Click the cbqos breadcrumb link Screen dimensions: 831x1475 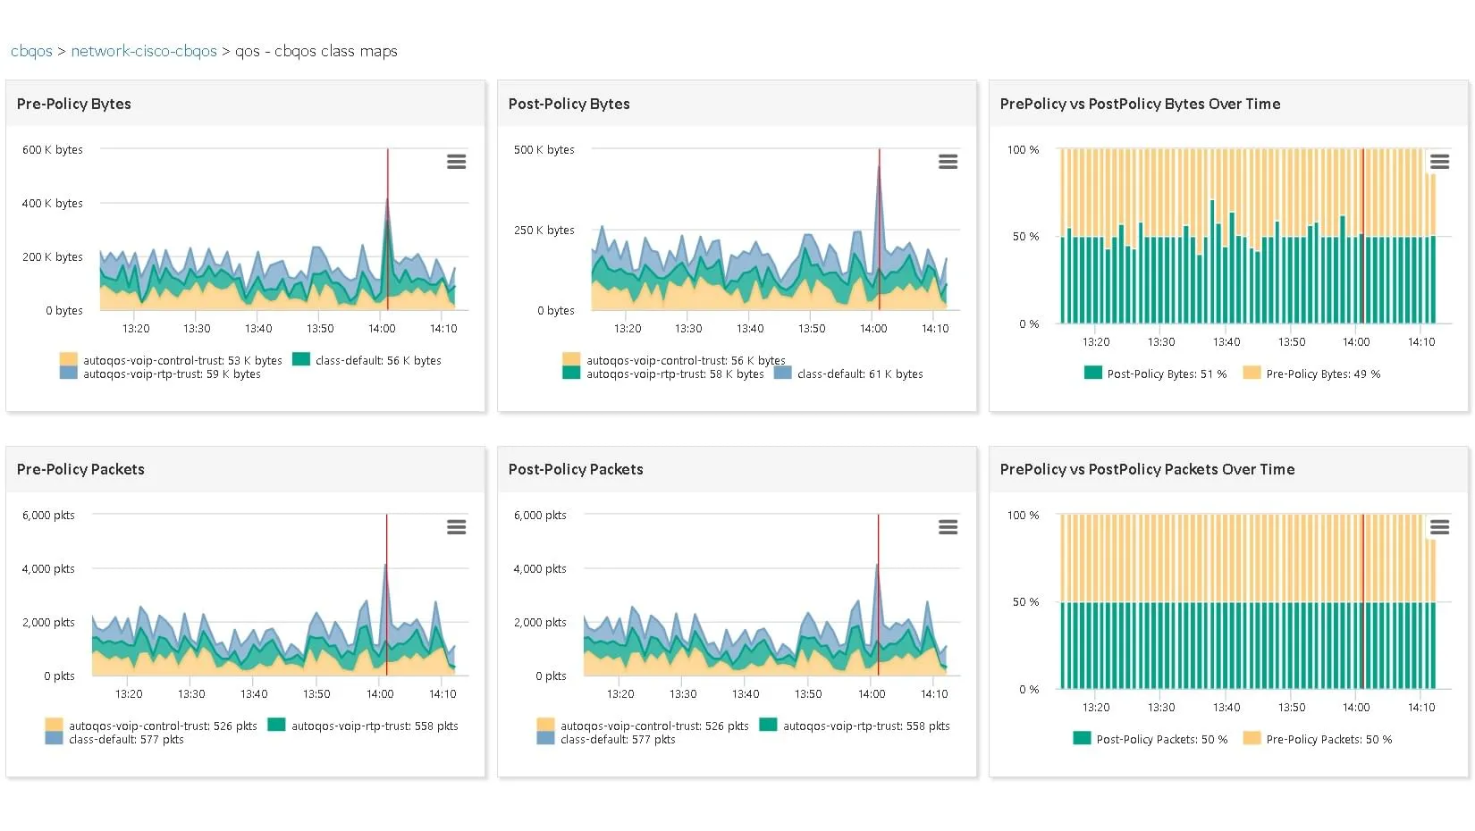click(x=31, y=51)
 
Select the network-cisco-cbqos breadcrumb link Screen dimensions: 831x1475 click(x=144, y=51)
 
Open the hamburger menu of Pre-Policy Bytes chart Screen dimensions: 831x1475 click(x=456, y=162)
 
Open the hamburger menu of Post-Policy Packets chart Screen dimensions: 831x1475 click(x=948, y=527)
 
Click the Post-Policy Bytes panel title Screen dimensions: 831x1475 click(x=569, y=104)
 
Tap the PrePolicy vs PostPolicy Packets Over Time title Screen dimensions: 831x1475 click(x=1147, y=469)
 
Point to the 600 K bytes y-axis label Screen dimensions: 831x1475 click(x=52, y=149)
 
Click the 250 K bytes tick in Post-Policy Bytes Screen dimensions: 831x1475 click(x=544, y=230)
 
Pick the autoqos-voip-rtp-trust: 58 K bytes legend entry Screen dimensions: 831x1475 click(x=674, y=374)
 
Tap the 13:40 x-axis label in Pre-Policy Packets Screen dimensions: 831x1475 click(x=254, y=693)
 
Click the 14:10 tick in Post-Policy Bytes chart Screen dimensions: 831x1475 click(x=935, y=328)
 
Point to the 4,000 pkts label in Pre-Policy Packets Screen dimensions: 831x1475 click(x=48, y=568)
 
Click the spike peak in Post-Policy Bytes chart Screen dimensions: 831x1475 click(x=879, y=167)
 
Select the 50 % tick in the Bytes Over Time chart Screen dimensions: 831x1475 click(x=1025, y=236)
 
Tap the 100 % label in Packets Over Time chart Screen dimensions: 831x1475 click(x=1023, y=515)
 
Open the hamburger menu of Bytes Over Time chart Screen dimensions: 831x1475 click(x=1439, y=162)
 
